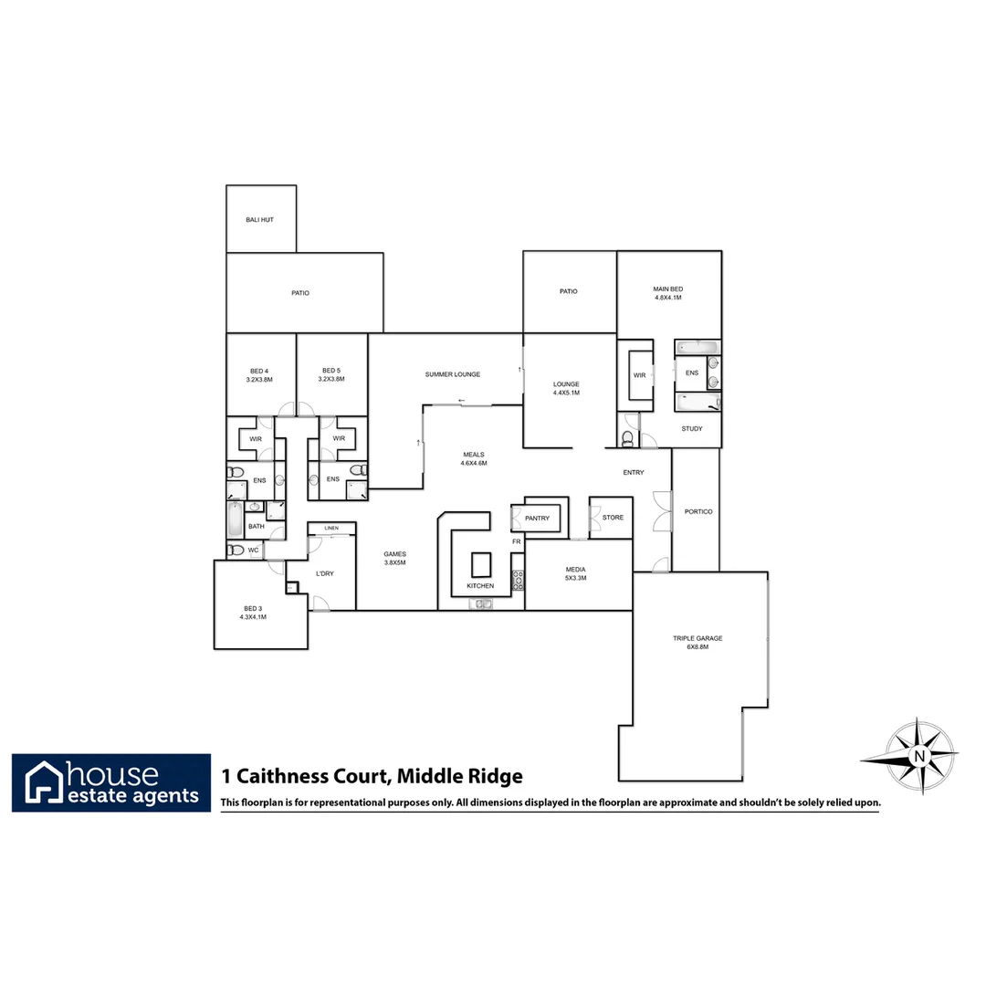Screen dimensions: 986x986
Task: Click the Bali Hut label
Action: click(259, 220)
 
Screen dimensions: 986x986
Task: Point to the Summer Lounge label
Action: click(452, 374)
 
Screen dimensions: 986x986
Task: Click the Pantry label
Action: click(538, 519)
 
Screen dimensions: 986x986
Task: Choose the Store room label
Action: click(613, 518)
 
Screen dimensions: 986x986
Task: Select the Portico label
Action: click(698, 511)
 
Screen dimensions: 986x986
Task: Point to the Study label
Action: click(692, 428)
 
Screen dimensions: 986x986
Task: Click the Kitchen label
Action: click(480, 585)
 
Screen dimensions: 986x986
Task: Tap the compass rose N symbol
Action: click(919, 757)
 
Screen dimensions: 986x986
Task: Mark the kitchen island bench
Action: click(480, 562)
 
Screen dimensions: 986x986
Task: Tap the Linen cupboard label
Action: click(330, 529)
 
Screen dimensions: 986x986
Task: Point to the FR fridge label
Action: click(516, 542)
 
